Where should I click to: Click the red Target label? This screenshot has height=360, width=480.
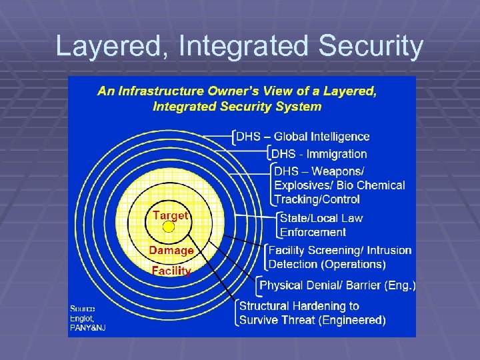pyautogui.click(x=171, y=215)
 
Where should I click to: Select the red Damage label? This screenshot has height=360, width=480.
pyautogui.click(x=171, y=251)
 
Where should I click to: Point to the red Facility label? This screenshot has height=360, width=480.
pyautogui.click(x=171, y=271)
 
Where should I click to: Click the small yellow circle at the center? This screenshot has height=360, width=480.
pyautogui.click(x=169, y=227)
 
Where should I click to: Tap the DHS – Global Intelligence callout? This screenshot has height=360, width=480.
pyautogui.click(x=303, y=137)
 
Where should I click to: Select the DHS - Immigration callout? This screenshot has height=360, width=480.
pyautogui.click(x=319, y=154)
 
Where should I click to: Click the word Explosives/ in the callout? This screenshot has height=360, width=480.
pyautogui.click(x=304, y=185)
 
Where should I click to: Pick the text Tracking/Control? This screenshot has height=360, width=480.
pyautogui.click(x=317, y=199)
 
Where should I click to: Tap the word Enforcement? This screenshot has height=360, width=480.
pyautogui.click(x=313, y=232)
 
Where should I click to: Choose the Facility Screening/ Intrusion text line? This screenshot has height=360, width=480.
pyautogui.click(x=340, y=250)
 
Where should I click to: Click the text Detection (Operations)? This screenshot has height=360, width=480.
pyautogui.click(x=327, y=264)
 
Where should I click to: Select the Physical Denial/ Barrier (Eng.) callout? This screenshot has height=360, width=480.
pyautogui.click(x=337, y=285)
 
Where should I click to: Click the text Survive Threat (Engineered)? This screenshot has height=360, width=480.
pyautogui.click(x=312, y=320)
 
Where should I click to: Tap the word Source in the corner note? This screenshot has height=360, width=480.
pyautogui.click(x=83, y=309)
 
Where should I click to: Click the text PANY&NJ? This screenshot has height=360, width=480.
pyautogui.click(x=88, y=327)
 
